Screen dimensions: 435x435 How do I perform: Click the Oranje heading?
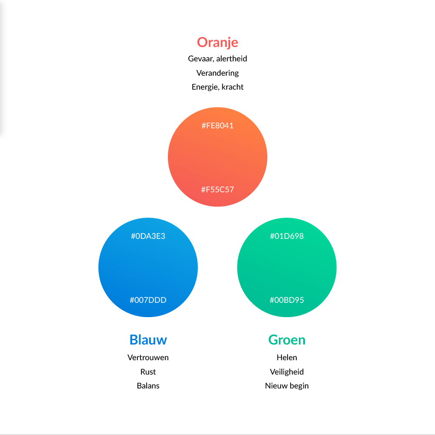[x=217, y=43]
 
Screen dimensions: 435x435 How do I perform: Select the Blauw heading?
[x=148, y=340]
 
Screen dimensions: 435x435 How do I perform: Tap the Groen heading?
[x=287, y=340]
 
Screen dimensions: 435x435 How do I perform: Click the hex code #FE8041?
[x=217, y=126]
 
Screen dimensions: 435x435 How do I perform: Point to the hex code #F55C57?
[x=217, y=190]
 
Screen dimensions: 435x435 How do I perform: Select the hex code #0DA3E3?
[x=148, y=236]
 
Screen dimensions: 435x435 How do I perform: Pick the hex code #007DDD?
[x=148, y=300]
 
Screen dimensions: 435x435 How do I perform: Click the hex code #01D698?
[x=287, y=236]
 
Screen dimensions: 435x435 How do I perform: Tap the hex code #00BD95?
[x=287, y=300]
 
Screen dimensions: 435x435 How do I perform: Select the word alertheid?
[x=232, y=59]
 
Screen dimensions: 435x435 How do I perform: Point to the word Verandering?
[x=217, y=73]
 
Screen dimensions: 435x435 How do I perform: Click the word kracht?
[x=232, y=87]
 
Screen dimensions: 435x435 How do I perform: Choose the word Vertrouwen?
[x=148, y=357]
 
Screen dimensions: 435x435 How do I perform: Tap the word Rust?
[x=148, y=372]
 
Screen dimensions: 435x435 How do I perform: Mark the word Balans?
[x=148, y=385]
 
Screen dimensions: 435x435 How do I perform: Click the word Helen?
[x=287, y=357]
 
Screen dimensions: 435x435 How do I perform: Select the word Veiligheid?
[x=287, y=372]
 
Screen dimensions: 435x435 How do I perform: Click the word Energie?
[x=205, y=87]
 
